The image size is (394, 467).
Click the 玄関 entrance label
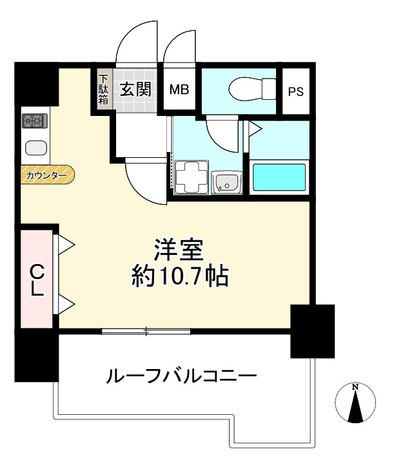pos(135,90)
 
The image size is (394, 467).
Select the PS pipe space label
pos(295,91)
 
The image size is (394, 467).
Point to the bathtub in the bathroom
pos(279,177)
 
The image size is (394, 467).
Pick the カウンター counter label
pos(46,175)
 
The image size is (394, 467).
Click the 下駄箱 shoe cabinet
pos(103,90)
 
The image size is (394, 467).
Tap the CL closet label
pos(36,278)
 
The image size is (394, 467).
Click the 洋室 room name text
pos(178,249)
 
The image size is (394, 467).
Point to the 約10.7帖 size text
pos(177,278)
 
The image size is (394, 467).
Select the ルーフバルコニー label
pos(182,375)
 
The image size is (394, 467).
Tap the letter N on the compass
pos(355,386)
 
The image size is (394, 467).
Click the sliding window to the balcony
pos(146,332)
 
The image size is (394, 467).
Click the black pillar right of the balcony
pos(312,330)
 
